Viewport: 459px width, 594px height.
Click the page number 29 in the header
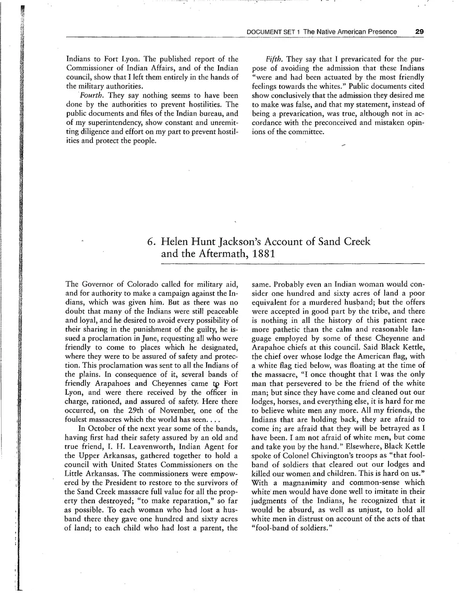[x=419, y=31]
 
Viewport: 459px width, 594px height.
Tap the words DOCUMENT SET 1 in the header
[x=273, y=32]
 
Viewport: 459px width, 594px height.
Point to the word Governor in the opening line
[x=99, y=285]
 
